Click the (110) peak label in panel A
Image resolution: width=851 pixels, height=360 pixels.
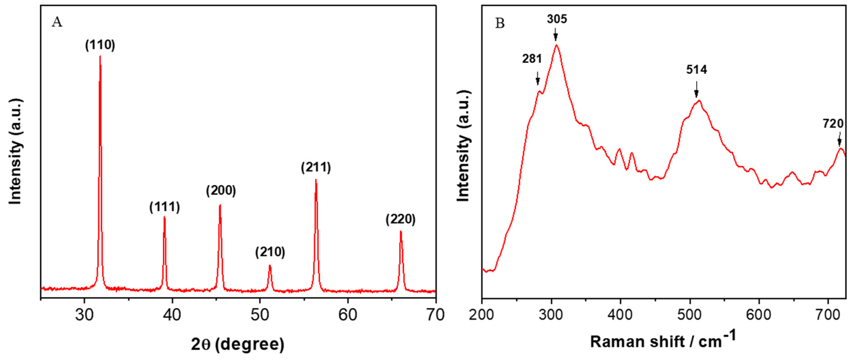(x=100, y=45)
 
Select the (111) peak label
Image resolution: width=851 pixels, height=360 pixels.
(x=165, y=207)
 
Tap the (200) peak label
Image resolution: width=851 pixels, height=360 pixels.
(x=221, y=191)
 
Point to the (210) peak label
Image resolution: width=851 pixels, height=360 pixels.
(x=270, y=252)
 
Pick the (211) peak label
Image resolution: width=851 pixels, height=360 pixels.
(x=316, y=167)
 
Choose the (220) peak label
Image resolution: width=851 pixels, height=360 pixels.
(x=400, y=219)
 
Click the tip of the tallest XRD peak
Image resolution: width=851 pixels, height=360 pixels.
(x=100, y=56)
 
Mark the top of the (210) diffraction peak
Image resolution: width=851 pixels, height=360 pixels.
(x=270, y=265)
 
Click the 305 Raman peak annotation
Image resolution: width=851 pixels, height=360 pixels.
(x=557, y=19)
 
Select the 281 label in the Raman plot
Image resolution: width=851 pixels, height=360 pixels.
(x=532, y=59)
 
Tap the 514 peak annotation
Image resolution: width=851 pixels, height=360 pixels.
(x=696, y=70)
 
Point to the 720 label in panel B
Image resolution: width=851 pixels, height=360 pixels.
(x=833, y=124)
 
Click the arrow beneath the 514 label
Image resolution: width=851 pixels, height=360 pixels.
(x=696, y=90)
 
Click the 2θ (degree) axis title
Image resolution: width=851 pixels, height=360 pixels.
(x=238, y=344)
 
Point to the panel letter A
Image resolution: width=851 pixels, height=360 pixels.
(x=57, y=22)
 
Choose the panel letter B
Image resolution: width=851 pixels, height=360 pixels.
(x=500, y=23)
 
